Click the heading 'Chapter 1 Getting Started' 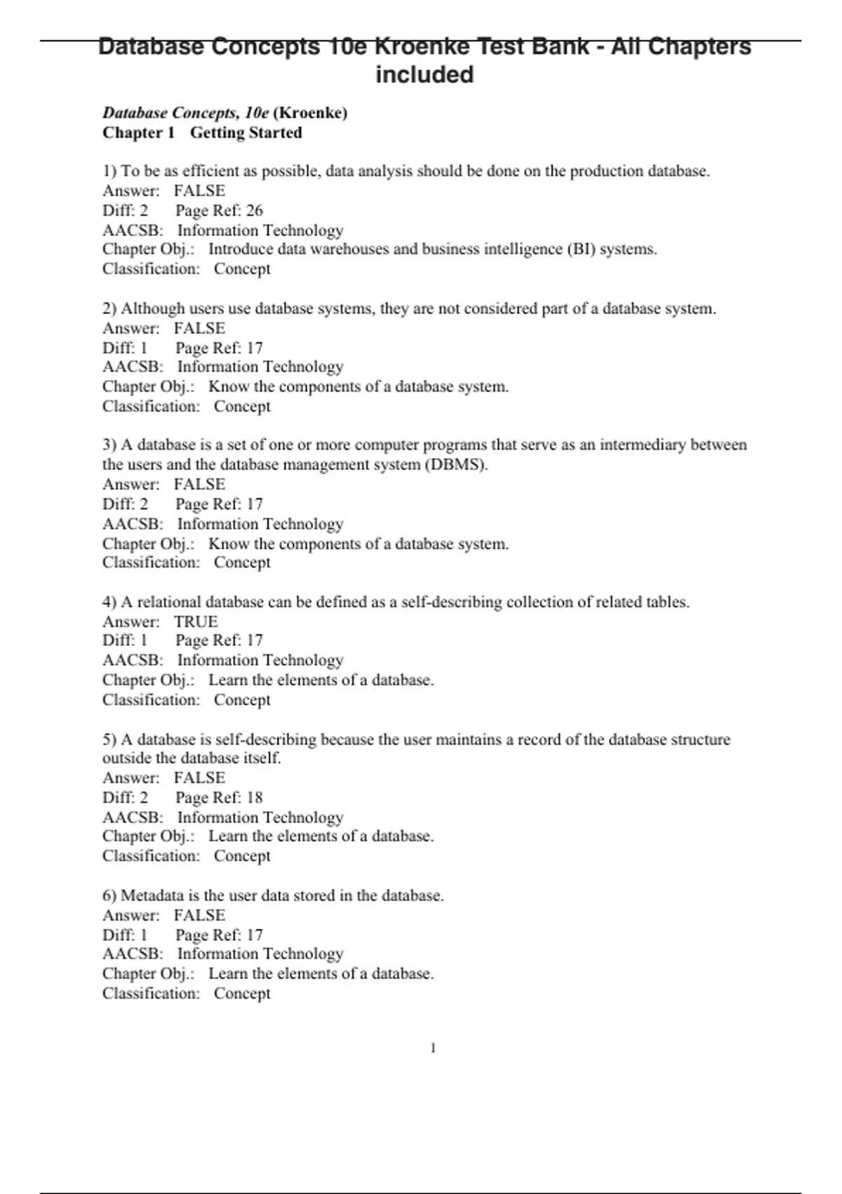202,133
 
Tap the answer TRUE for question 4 196,622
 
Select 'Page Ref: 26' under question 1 219,210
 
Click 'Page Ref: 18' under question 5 219,797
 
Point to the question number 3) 109,445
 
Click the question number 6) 109,895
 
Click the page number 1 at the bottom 433,1048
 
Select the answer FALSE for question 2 199,328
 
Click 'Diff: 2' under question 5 125,797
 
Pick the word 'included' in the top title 425,74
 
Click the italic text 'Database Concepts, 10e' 186,113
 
